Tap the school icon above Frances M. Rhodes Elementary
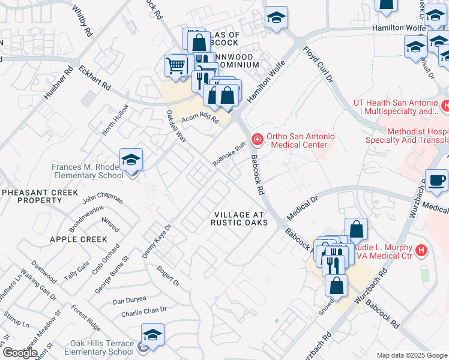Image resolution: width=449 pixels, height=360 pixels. click(131, 160)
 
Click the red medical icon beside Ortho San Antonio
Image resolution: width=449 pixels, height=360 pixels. click(258, 140)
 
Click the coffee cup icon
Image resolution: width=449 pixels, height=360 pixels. click(436, 180)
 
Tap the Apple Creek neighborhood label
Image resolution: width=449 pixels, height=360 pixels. click(78, 239)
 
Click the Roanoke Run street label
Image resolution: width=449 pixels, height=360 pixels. click(229, 155)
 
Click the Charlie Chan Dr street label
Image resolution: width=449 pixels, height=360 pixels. click(143, 311)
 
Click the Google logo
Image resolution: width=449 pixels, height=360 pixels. click(19, 353)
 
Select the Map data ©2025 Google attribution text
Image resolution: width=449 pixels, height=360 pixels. click(411, 355)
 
